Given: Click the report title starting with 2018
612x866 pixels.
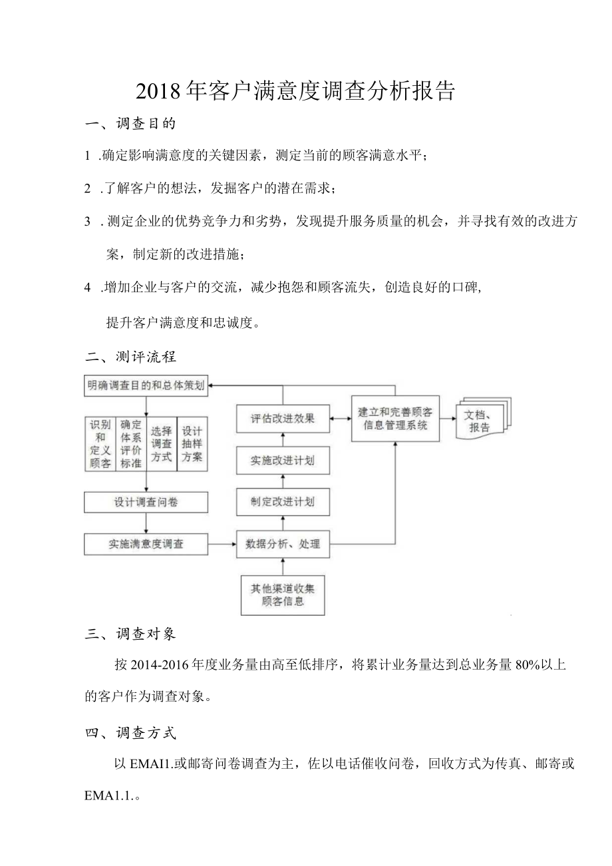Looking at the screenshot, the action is pyautogui.click(x=295, y=91).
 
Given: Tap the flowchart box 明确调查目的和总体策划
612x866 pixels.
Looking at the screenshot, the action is pyautogui.click(x=146, y=385).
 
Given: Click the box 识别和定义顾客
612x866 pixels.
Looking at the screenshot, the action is pyautogui.click(x=100, y=443).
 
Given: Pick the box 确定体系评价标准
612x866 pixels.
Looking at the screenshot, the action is pyautogui.click(x=130, y=443).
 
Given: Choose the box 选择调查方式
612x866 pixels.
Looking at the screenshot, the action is pyautogui.click(x=161, y=443).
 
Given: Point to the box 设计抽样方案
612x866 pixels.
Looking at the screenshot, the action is pyautogui.click(x=192, y=443).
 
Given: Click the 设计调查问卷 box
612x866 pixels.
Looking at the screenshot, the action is pyautogui.click(x=146, y=502).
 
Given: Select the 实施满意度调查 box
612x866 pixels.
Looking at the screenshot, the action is pyautogui.click(x=146, y=544).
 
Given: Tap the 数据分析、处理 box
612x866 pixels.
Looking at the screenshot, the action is pyautogui.click(x=283, y=544).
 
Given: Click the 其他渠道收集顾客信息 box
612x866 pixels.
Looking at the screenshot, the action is pyautogui.click(x=283, y=594).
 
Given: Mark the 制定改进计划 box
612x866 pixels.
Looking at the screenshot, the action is pyautogui.click(x=283, y=502).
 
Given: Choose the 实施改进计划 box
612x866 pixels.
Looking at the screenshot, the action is pyautogui.click(x=283, y=461).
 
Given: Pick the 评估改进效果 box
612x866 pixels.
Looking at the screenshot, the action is pyautogui.click(x=283, y=419).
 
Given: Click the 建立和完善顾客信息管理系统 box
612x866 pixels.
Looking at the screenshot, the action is pyautogui.click(x=395, y=418).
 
